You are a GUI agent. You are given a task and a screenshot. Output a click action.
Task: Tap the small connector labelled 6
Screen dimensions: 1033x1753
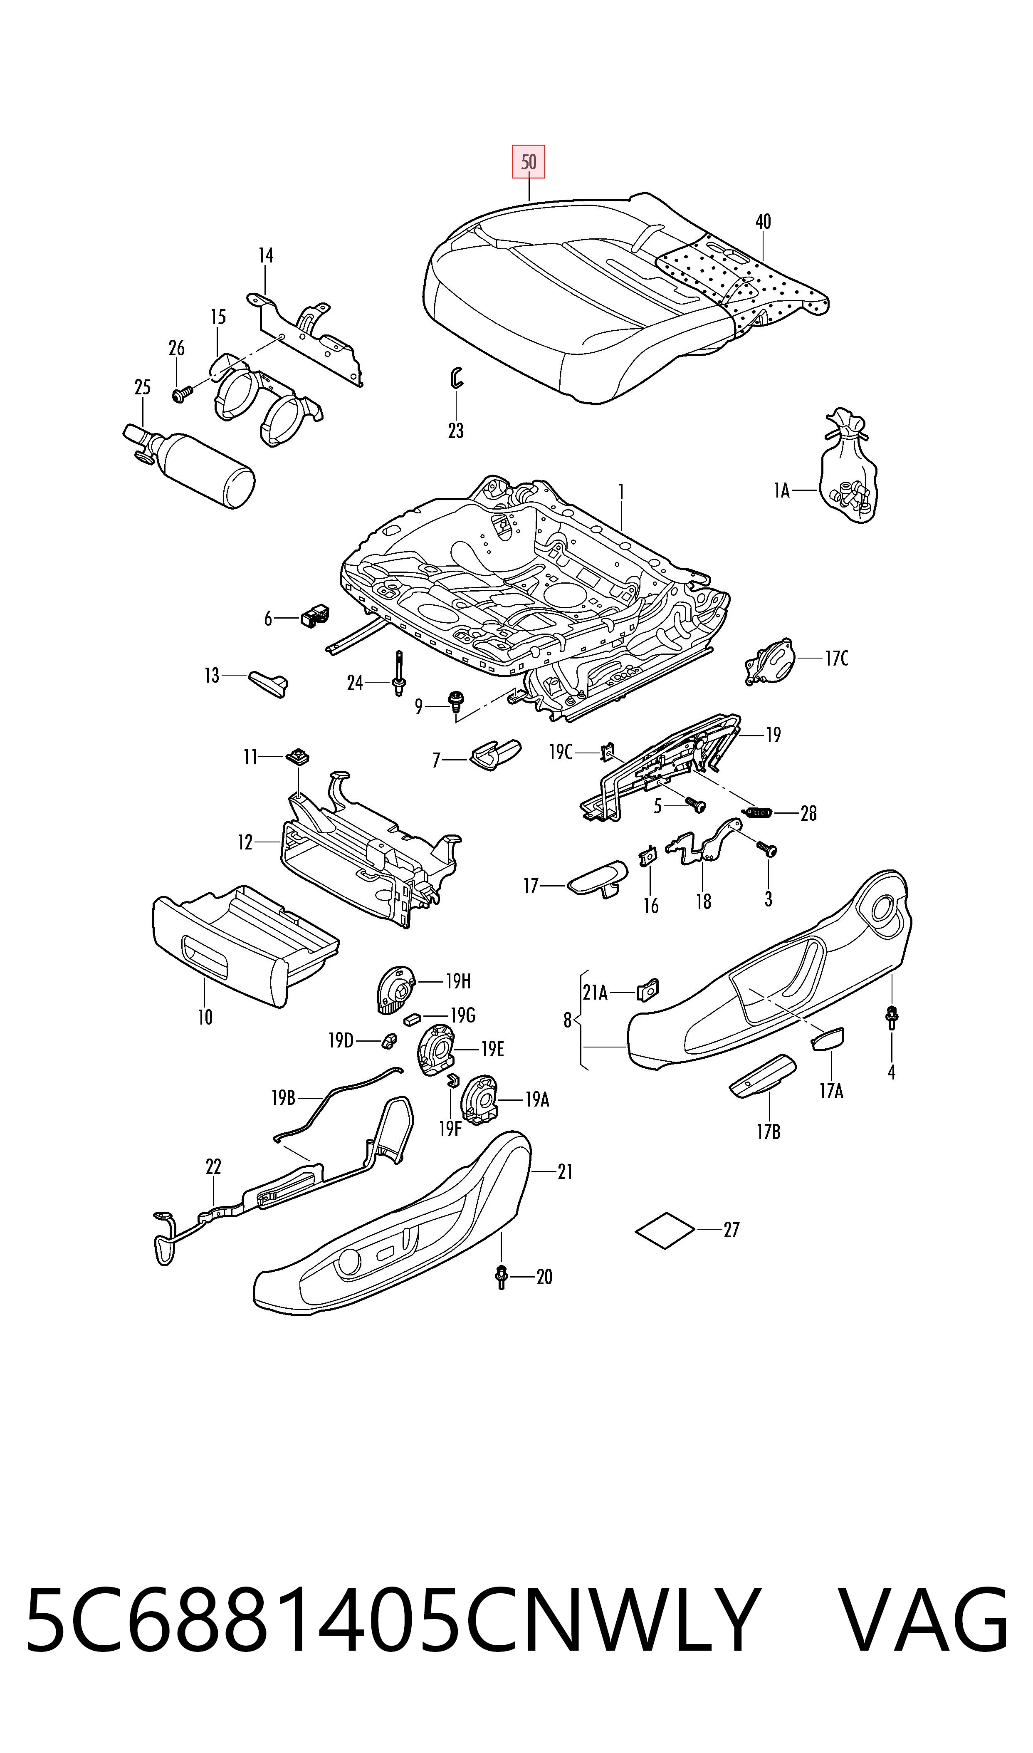click(315, 615)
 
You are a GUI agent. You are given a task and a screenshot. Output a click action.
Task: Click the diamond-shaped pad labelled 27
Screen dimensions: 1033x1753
click(665, 1230)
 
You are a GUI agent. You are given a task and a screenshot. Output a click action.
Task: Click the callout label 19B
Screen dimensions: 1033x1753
click(283, 1098)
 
